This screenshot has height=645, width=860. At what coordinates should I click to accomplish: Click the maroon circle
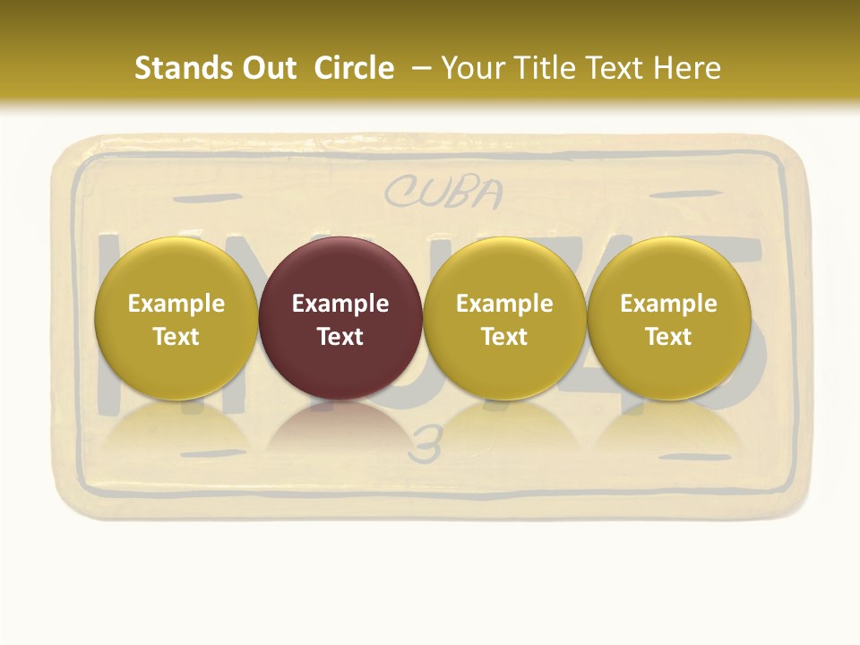(340, 318)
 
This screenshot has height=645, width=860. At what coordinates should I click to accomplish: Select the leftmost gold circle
(176, 318)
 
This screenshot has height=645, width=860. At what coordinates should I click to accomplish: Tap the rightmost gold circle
(668, 318)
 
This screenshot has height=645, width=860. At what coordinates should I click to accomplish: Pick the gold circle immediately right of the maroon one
(504, 318)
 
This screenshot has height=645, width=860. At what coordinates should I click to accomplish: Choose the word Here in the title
(687, 68)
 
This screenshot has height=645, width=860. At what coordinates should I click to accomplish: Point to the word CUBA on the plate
(443, 192)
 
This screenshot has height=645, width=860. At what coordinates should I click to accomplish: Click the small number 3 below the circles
(425, 445)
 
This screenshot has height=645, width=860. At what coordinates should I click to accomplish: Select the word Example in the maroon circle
(340, 304)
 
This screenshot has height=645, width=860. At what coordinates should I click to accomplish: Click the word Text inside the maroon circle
(340, 337)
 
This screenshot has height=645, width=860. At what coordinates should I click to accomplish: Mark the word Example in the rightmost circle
(668, 304)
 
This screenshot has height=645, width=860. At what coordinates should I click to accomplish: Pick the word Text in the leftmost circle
(176, 337)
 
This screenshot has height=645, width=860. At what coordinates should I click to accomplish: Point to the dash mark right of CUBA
(678, 194)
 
